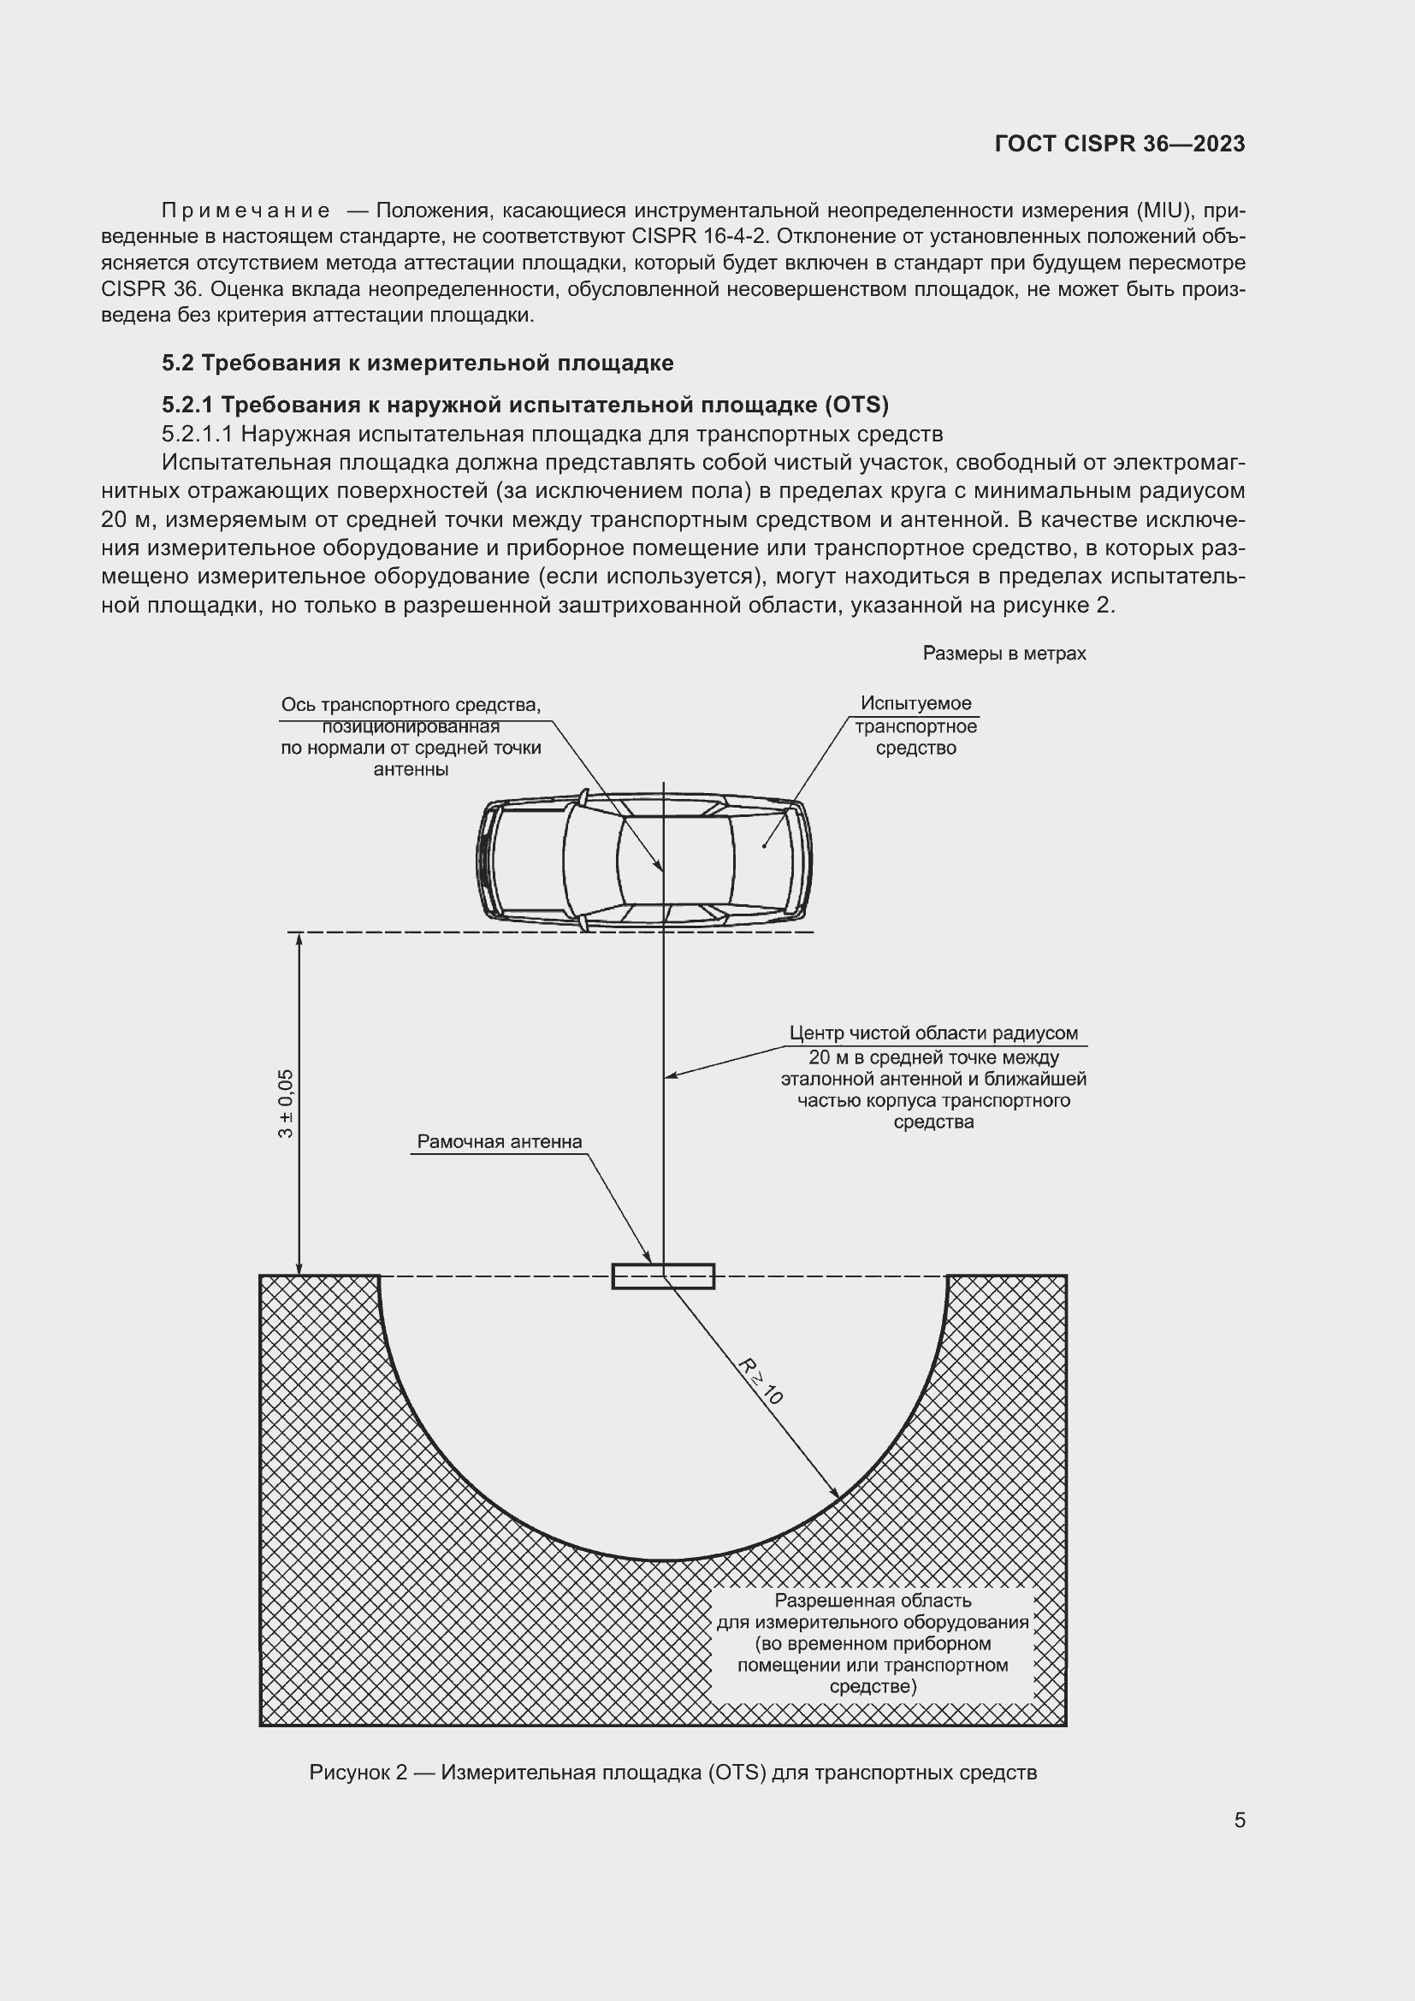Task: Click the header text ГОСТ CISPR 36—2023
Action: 1119,144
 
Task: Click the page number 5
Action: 1239,1820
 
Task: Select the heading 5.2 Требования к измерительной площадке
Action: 417,363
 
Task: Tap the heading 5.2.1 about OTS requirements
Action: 524,405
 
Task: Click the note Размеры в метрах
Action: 1004,654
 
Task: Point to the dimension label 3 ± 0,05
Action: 286,1104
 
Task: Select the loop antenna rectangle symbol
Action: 663,1276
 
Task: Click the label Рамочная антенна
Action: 500,1142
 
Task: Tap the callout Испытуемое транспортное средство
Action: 915,725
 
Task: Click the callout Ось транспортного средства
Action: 411,737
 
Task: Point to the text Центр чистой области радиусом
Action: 933,1033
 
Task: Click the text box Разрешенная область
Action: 872,1643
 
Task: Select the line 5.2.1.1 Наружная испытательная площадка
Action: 552,434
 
